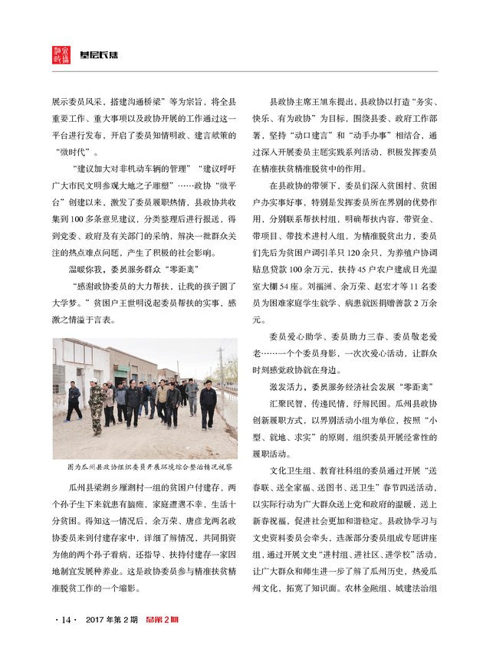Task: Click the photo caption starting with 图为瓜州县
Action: [144, 466]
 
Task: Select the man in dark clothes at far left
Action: [74, 401]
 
